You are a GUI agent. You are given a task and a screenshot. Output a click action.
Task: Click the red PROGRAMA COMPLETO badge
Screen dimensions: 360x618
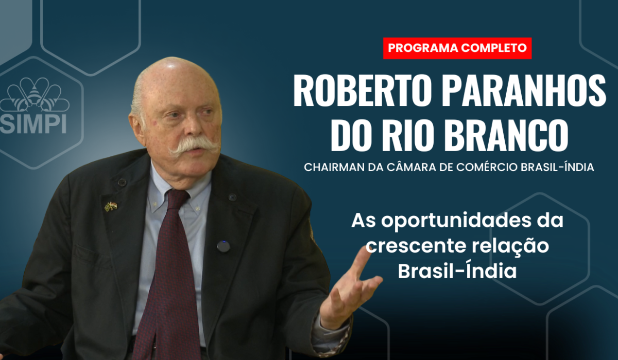pyautogui.click(x=457, y=48)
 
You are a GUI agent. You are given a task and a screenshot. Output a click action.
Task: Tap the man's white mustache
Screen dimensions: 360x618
pyautogui.click(x=194, y=145)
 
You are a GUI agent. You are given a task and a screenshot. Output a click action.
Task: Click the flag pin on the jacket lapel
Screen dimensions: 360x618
pyautogui.click(x=111, y=206)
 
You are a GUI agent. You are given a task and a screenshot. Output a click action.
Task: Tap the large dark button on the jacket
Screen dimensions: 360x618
pyautogui.click(x=224, y=246)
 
